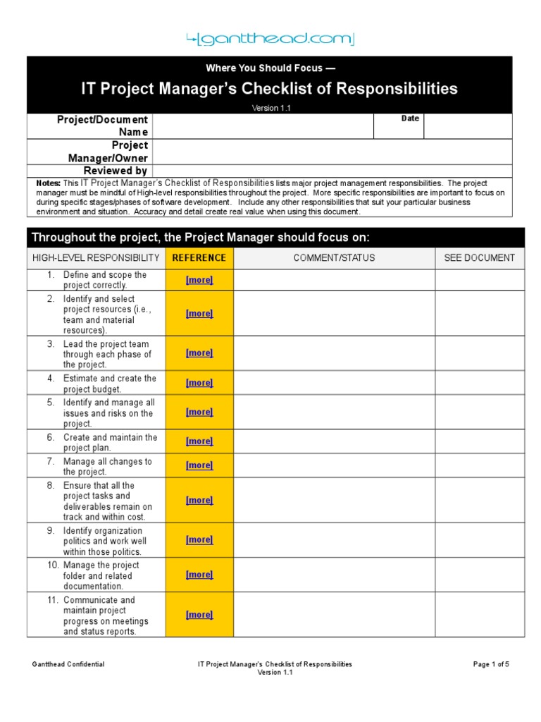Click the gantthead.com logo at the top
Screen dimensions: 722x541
click(270, 39)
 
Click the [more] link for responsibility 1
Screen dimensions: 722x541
click(199, 280)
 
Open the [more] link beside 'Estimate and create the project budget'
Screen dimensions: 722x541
click(199, 383)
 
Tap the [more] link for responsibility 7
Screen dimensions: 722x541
click(199, 465)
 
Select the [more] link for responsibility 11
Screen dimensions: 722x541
click(199, 615)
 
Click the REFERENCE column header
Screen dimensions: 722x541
click(199, 258)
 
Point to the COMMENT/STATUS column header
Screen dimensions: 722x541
click(334, 258)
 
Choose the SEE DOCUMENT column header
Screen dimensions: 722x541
click(479, 258)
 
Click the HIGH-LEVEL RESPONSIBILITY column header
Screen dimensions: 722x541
click(96, 258)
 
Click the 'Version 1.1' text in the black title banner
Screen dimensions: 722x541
click(271, 108)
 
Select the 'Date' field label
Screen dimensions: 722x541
click(410, 118)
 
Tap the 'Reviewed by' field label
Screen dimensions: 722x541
click(116, 171)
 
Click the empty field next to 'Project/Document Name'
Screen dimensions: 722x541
click(261, 126)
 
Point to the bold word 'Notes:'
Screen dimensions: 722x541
click(49, 183)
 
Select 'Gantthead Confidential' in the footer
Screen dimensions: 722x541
click(68, 664)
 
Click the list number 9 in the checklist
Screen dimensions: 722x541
click(51, 531)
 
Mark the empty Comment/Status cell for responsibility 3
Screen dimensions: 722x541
click(334, 353)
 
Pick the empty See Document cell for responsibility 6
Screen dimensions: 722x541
click(479, 441)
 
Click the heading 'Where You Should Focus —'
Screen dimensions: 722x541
click(264, 68)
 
